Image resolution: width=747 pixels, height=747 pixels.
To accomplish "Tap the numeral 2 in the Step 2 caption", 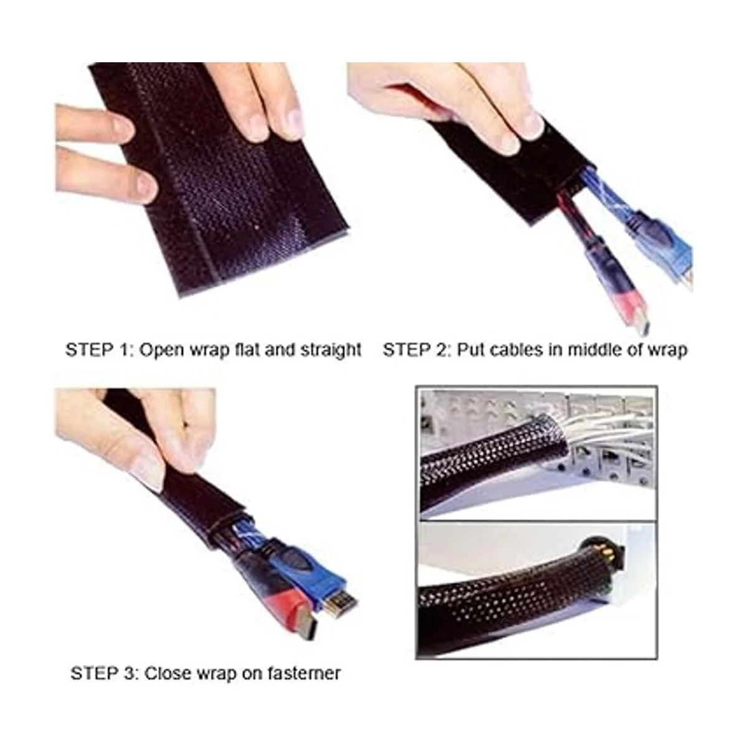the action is coord(441,350).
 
